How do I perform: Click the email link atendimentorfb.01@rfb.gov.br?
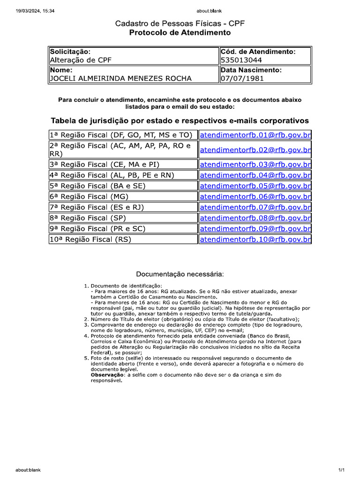[255, 135]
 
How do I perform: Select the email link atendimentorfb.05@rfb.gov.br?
[255, 186]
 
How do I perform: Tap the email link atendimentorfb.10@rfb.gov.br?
[255, 239]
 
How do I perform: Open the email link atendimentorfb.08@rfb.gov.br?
[255, 217]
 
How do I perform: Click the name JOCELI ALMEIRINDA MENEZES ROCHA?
[120, 78]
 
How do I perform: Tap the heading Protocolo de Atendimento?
[180, 33]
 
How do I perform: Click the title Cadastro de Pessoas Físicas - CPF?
[180, 23]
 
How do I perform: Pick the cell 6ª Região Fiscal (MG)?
[89, 196]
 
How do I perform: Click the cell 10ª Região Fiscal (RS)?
[90, 239]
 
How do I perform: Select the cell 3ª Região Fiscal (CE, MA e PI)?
[105, 164]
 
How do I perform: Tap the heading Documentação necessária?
[180, 274]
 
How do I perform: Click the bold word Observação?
[106, 375]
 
